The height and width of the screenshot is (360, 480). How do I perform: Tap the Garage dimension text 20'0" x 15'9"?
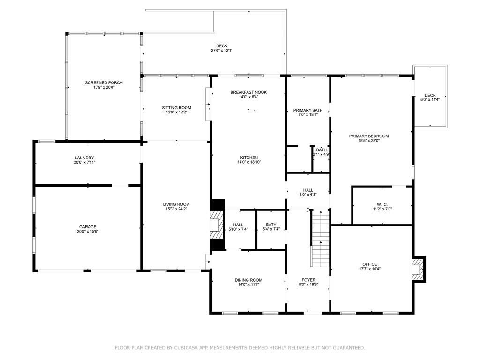tap(87, 232)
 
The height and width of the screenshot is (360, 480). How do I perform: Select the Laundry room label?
tap(84, 157)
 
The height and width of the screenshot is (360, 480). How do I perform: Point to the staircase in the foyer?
tap(320, 237)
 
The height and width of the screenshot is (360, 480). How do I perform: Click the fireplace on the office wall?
tap(417, 269)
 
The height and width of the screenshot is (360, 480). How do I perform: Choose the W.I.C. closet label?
tap(382, 204)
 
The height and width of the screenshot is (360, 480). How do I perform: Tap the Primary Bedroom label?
tap(368, 136)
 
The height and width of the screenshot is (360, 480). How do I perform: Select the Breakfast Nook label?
tap(248, 92)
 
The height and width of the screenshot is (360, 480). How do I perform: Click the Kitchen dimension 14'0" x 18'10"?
tap(248, 162)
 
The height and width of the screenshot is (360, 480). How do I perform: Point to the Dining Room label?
tap(248, 280)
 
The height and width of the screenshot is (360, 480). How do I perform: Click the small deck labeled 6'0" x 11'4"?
tap(430, 97)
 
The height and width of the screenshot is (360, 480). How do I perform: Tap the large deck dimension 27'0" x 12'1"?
tap(222, 51)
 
